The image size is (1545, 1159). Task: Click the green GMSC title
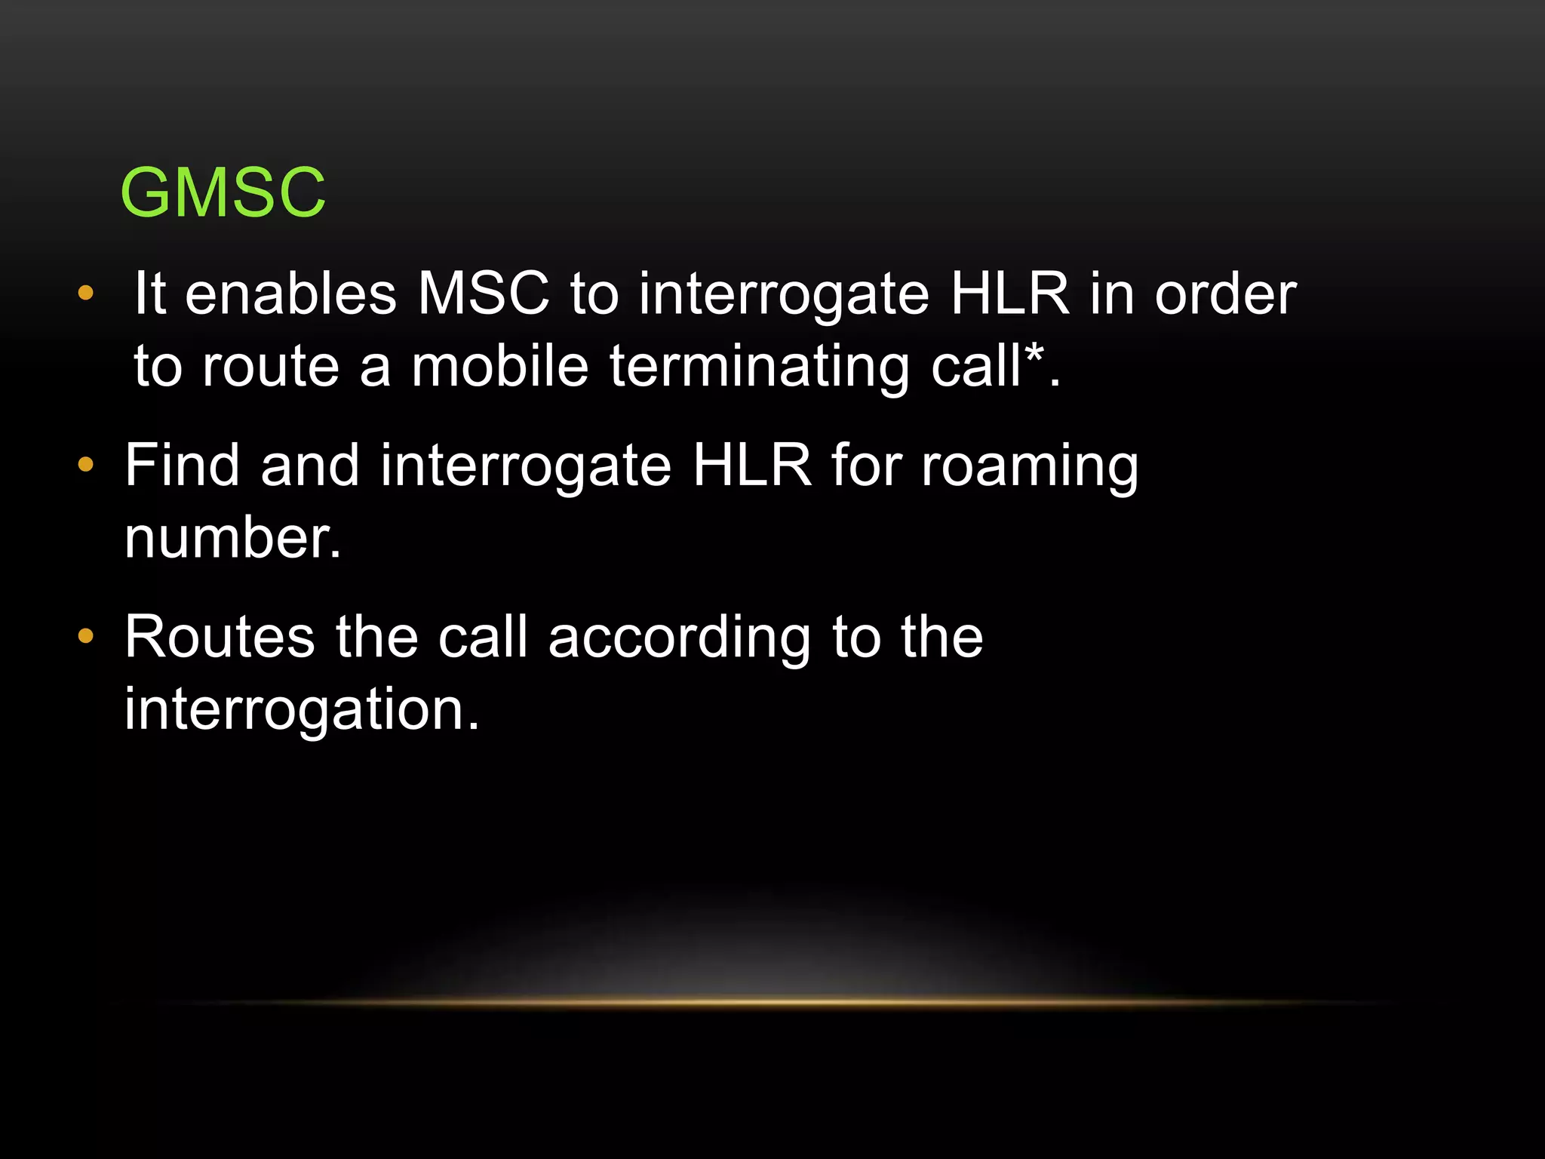click(223, 193)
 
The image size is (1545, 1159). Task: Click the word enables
click(290, 294)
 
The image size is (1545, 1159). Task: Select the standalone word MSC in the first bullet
click(484, 294)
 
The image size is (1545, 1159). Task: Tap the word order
click(1225, 294)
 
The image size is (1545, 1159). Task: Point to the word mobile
click(499, 367)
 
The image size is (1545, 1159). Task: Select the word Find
click(182, 466)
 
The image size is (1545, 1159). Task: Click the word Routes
click(220, 638)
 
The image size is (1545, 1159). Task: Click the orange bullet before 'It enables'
click(86, 293)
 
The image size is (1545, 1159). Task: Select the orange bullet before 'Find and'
click(86, 465)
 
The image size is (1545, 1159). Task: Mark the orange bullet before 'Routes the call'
click(86, 636)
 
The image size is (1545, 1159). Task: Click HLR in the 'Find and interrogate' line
click(752, 466)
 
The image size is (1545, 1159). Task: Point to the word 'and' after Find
click(309, 466)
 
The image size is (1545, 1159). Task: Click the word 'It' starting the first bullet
click(149, 294)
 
